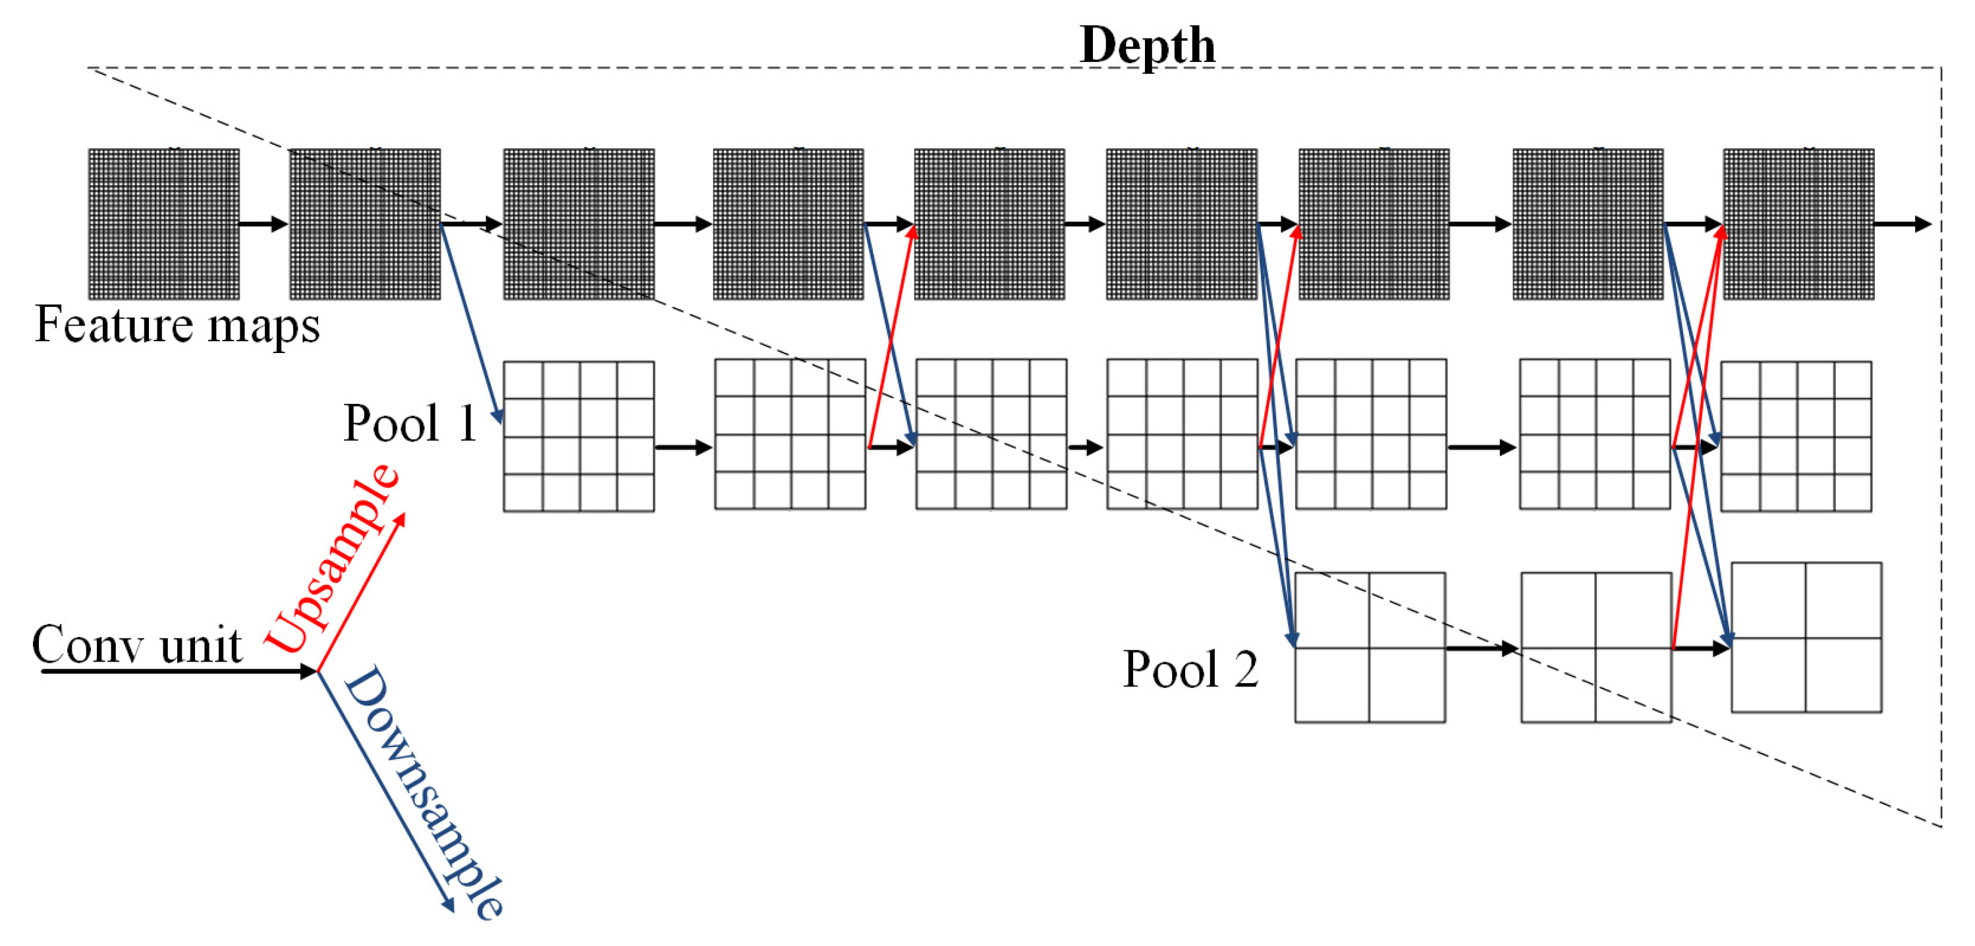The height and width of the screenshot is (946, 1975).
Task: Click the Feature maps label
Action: (x=177, y=325)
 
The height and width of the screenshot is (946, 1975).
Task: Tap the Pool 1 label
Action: (x=410, y=422)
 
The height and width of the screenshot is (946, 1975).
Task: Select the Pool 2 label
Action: (x=1190, y=669)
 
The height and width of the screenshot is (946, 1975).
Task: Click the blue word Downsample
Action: (x=423, y=791)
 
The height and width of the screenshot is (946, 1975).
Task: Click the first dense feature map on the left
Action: (x=163, y=224)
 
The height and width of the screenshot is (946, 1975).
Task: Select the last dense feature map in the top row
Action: (x=1798, y=224)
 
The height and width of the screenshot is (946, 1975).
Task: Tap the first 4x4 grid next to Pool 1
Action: (x=579, y=436)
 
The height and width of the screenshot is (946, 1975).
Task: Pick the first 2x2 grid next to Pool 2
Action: (x=1370, y=648)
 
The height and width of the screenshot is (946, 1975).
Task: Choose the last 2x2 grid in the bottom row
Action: (x=1806, y=638)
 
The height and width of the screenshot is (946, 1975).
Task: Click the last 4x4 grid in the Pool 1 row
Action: (x=1796, y=436)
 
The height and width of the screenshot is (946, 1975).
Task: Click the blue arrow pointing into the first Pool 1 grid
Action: (x=472, y=323)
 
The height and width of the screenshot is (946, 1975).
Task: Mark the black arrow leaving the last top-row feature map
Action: (x=1901, y=224)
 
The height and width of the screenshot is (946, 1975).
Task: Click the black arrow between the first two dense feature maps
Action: (x=263, y=224)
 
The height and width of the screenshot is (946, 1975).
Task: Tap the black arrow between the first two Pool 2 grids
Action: (x=1481, y=648)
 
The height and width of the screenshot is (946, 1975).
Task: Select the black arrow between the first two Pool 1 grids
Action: (x=683, y=447)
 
